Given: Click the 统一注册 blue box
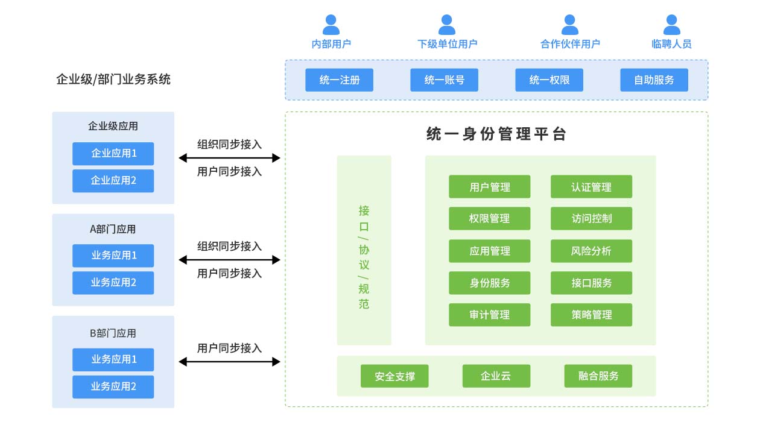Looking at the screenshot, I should pyautogui.click(x=339, y=80).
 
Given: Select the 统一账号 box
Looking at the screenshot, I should pyautogui.click(x=444, y=80).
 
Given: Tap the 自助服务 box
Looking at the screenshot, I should pyautogui.click(x=654, y=80).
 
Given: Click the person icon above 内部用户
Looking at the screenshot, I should pyautogui.click(x=331, y=25).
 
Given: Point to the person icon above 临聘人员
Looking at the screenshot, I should pyautogui.click(x=671, y=25).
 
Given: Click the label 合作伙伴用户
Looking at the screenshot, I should pyautogui.click(x=570, y=44).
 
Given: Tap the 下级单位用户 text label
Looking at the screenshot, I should pyautogui.click(x=447, y=44).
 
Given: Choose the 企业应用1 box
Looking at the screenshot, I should pyautogui.click(x=113, y=154).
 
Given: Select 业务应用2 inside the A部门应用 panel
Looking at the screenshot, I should pyautogui.click(x=113, y=283).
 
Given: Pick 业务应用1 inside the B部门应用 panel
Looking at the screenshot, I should pyautogui.click(x=113, y=359).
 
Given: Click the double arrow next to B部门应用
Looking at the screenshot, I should pyautogui.click(x=230, y=362).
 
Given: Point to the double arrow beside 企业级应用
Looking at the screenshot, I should pyautogui.click(x=230, y=158).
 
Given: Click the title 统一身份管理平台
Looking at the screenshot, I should pyautogui.click(x=496, y=134).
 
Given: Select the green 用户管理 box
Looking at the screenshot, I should pyautogui.click(x=489, y=187).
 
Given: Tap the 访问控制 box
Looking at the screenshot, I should pyautogui.click(x=591, y=219).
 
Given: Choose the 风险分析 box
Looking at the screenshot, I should pyautogui.click(x=591, y=251).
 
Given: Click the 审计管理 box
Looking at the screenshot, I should pyautogui.click(x=489, y=315).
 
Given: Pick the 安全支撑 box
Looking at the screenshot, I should pyautogui.click(x=394, y=376).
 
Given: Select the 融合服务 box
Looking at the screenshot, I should pyautogui.click(x=598, y=376).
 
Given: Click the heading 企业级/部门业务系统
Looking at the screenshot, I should pyautogui.click(x=113, y=80).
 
